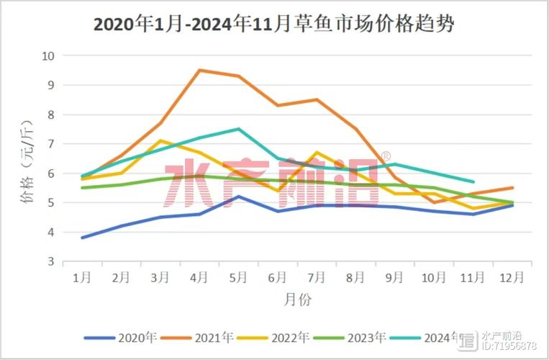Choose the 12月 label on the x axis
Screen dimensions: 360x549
tap(512, 276)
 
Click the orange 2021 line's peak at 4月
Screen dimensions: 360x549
tap(199, 70)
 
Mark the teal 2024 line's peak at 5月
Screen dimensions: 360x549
tap(239, 129)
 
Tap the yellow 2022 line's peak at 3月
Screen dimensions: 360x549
tap(160, 140)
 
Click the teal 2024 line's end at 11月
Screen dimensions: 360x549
tap(473, 182)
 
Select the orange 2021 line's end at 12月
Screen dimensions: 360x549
tap(512, 188)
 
